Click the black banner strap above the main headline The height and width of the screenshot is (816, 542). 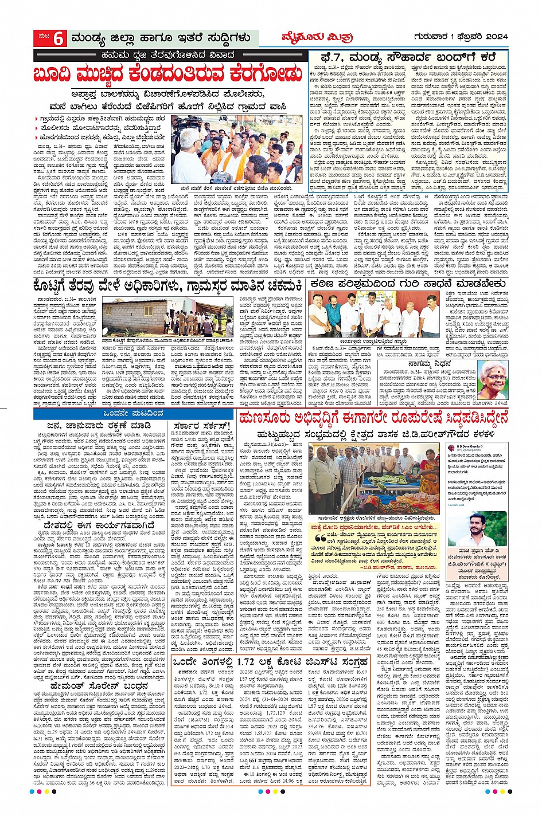170,55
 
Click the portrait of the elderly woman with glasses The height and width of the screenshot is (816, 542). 493,380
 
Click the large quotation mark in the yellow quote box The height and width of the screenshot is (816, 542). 319,539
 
